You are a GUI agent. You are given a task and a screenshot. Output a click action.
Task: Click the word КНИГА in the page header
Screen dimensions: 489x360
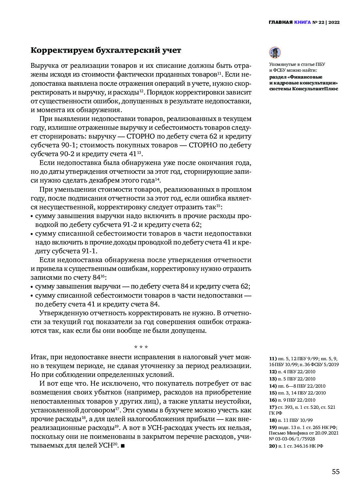(302, 22)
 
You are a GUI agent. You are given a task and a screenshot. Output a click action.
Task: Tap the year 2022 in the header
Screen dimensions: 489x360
(334, 22)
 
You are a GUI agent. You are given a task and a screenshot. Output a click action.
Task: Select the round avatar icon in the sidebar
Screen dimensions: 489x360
(275, 52)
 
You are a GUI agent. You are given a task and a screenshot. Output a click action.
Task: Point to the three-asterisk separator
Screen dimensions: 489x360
(141, 347)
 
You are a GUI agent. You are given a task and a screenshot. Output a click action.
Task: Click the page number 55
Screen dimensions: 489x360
(336, 472)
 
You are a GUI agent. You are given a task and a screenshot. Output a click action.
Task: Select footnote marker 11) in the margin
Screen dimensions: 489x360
(273, 359)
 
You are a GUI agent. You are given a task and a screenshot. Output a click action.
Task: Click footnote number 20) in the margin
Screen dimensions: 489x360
(273, 446)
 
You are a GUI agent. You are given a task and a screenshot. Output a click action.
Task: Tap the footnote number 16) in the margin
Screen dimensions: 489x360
(273, 400)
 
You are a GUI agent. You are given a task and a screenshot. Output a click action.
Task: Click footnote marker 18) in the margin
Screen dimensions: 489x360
(273, 420)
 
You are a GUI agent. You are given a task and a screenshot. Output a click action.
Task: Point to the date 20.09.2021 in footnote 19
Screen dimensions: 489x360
(326, 433)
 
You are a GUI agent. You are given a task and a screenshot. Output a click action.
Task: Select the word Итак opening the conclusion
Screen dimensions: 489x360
(38, 357)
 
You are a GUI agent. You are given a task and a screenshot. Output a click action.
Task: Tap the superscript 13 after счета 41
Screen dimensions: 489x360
(139, 153)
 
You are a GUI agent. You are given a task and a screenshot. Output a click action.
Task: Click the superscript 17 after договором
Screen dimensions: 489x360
(117, 408)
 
